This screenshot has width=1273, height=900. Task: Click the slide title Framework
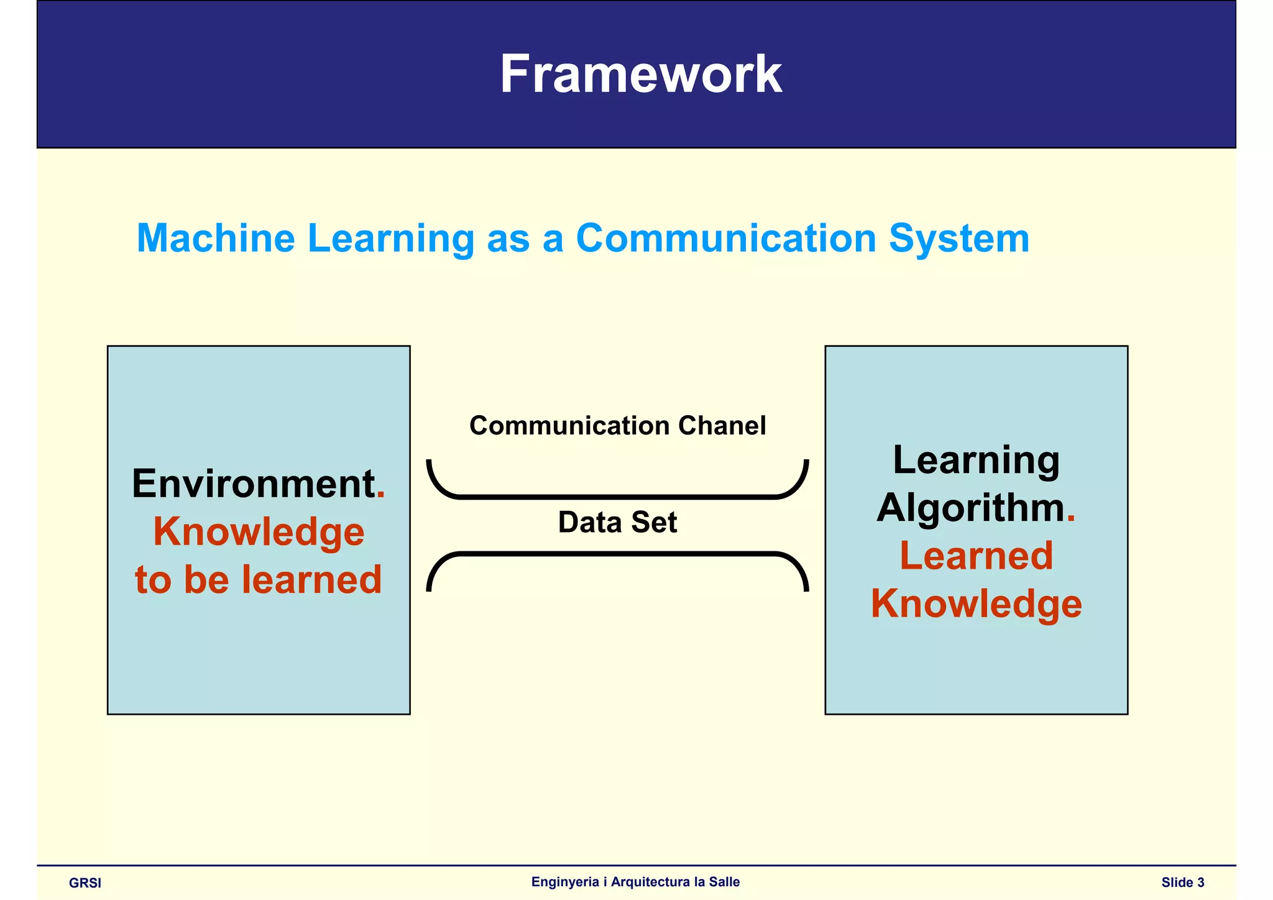(640, 75)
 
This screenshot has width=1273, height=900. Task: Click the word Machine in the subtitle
(216, 239)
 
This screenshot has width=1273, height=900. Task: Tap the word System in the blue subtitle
(958, 239)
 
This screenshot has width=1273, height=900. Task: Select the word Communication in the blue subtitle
(726, 239)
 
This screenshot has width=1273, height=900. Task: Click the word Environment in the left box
(253, 484)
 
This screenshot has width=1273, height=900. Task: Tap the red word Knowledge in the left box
(259, 532)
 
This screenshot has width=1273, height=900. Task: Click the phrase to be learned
(259, 579)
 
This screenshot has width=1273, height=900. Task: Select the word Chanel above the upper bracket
(722, 426)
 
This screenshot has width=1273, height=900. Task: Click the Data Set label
(617, 522)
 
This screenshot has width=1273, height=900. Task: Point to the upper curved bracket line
(617, 497)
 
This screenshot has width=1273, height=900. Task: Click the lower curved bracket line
(617, 553)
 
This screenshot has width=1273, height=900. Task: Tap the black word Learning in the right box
(976, 461)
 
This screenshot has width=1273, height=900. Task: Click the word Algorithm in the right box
(970, 508)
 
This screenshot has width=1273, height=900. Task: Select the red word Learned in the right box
(976, 556)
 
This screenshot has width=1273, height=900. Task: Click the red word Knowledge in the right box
(976, 604)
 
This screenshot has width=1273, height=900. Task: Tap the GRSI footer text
(85, 883)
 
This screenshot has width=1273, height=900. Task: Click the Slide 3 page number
(1182, 882)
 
